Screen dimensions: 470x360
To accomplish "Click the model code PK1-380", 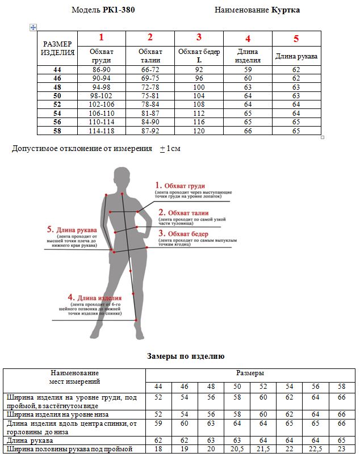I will click(x=119, y=10).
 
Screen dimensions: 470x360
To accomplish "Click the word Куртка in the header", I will click(x=285, y=10).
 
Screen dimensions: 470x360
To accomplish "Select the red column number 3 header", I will click(x=199, y=37).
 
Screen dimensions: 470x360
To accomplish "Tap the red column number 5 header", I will click(x=296, y=39).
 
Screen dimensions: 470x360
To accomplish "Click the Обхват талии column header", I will click(x=150, y=56).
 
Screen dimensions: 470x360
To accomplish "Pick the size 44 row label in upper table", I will click(x=57, y=70).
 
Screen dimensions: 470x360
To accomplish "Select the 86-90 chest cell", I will click(x=101, y=70).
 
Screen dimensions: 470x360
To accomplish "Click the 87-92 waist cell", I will click(x=150, y=131).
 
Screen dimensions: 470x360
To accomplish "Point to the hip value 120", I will click(x=199, y=131).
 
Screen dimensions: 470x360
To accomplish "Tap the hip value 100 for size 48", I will click(x=199, y=87).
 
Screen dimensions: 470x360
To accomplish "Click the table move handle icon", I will click(x=33, y=27).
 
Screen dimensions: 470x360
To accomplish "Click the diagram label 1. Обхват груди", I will click(x=181, y=186).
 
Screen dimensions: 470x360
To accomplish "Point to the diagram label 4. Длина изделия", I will click(x=95, y=297).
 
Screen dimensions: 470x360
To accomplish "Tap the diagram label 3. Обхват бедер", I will click(x=183, y=233).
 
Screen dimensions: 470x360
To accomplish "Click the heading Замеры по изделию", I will click(x=186, y=356).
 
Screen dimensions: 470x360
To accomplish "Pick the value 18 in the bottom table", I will click(x=158, y=449).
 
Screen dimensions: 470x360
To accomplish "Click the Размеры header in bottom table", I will click(x=250, y=374).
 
